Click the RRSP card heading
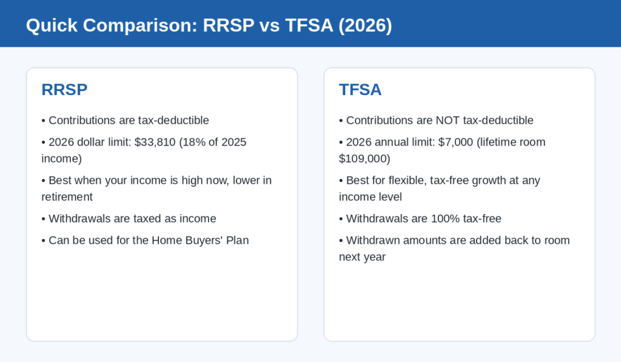pyautogui.click(x=64, y=90)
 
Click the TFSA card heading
pyautogui.click(x=360, y=90)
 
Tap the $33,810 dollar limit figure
pyautogui.click(x=155, y=142)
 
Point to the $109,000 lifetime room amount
pyautogui.click(x=364, y=159)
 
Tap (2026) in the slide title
pyautogui.click(x=365, y=25)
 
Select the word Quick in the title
pyautogui.click(x=52, y=25)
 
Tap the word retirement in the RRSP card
pyautogui.click(x=67, y=197)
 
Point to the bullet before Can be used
pyautogui.click(x=44, y=241)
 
